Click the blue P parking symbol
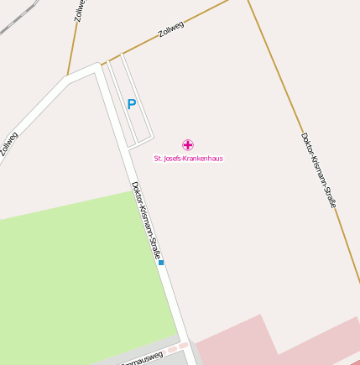coord(131,105)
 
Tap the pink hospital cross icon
coord(188,145)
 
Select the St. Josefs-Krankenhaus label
coord(188,158)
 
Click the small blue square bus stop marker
coord(161,263)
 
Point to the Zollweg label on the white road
coord(8,143)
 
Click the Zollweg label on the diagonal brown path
coord(171,29)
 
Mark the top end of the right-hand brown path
coord(248,3)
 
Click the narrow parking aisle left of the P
coord(117,101)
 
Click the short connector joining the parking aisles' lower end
coord(140,141)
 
